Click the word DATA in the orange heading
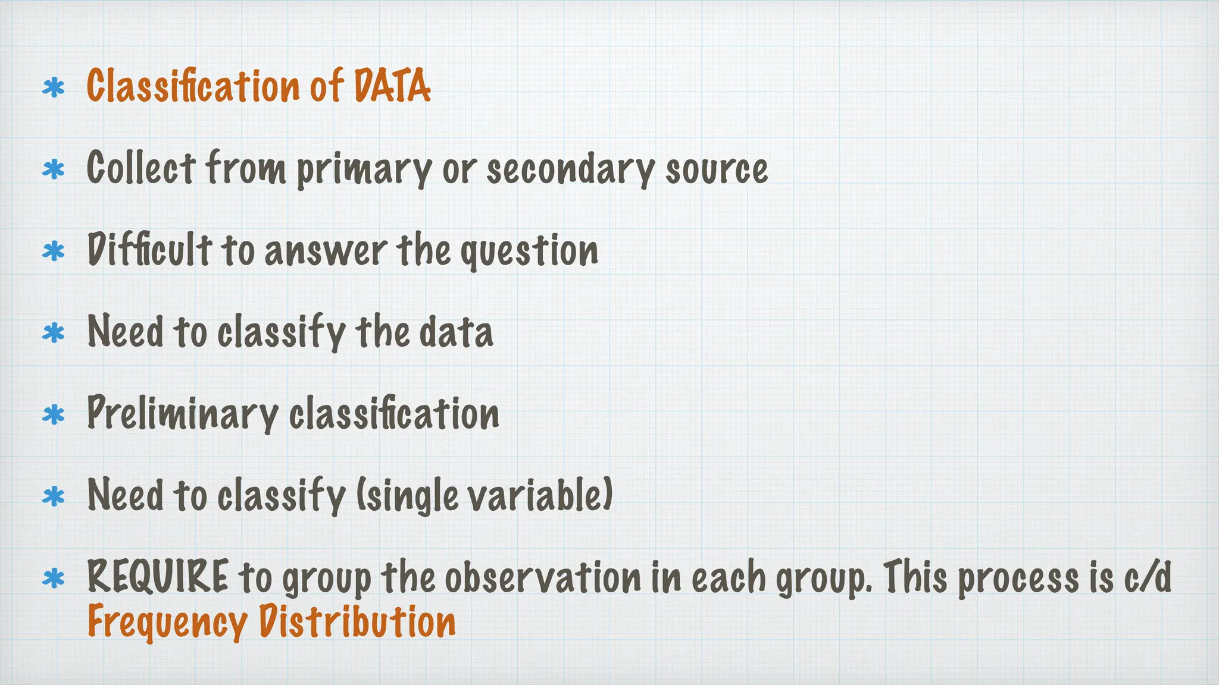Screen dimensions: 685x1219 click(392, 86)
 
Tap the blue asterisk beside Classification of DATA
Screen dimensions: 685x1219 click(54, 89)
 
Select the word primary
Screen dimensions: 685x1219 click(363, 169)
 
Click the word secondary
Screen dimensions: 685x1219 click(570, 169)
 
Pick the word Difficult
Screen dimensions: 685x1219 click(149, 250)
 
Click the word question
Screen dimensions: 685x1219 click(529, 251)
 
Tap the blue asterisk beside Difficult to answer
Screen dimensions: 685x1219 click(54, 252)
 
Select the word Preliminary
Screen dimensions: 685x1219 click(182, 413)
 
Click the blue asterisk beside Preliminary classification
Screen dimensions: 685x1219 click(54, 415)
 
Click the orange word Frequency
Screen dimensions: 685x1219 click(167, 623)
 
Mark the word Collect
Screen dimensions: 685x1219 click(140, 168)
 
